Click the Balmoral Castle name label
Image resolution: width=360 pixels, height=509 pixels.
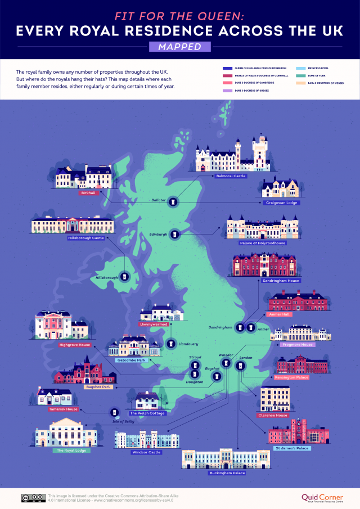[232, 176]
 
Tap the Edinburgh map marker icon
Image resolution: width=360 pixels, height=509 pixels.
[174, 234]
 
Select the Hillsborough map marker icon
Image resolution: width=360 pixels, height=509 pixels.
[125, 277]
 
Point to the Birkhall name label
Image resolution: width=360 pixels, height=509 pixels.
[89, 193]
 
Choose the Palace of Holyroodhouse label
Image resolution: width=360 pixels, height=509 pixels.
[263, 243]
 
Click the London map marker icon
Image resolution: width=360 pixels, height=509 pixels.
[241, 366]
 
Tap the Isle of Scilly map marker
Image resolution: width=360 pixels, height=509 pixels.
[114, 413]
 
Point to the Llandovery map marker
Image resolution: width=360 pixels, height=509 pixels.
[170, 344]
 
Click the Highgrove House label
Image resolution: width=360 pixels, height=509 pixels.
[75, 345]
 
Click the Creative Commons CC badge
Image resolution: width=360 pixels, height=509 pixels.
[33, 497]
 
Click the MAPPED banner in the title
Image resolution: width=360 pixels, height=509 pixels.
[179, 47]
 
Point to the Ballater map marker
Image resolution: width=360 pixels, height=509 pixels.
[174, 201]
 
